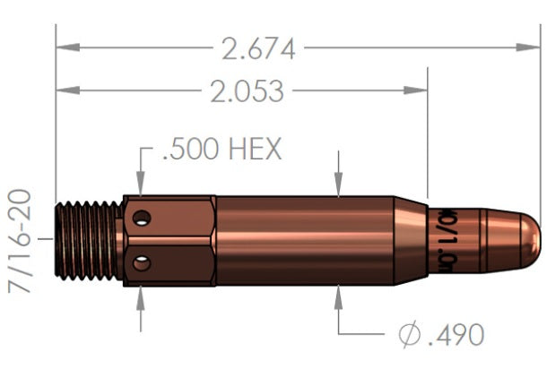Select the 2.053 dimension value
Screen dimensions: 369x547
[x=241, y=91]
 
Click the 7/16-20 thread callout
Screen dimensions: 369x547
[x=20, y=241]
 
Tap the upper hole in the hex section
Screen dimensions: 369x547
[x=141, y=219]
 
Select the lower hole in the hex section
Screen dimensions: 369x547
[x=141, y=262]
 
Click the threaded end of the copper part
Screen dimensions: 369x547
[x=90, y=241]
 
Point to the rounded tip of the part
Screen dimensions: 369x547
[x=529, y=240]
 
